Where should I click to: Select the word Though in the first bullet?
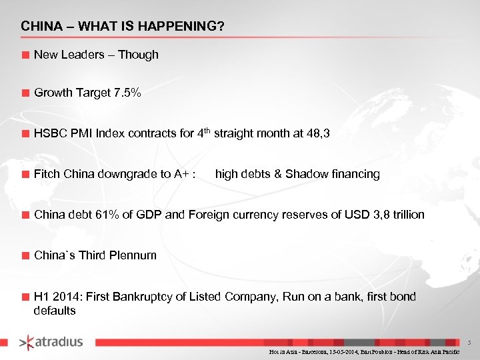pyautogui.click(x=138, y=55)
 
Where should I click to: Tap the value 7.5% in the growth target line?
pyautogui.click(x=127, y=93)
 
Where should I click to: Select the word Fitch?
pyautogui.click(x=47, y=174)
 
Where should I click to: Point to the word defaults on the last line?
pyautogui.click(x=55, y=311)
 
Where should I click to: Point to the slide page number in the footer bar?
pyautogui.click(x=469, y=341)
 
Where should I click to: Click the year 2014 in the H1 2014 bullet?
pyautogui.click(x=65, y=297)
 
